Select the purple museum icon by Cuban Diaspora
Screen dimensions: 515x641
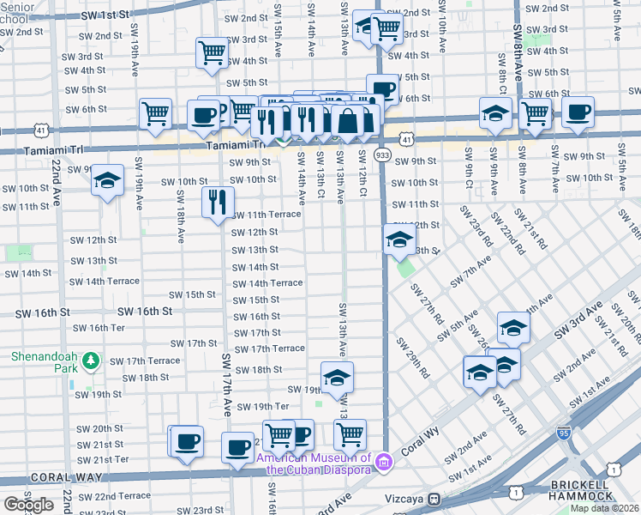(385, 463)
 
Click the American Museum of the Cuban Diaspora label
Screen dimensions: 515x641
(315, 463)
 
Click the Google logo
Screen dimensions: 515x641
(28, 504)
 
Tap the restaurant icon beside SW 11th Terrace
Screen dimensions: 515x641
(218, 202)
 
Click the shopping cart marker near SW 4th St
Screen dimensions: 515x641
(212, 51)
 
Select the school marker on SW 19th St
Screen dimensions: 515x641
(337, 377)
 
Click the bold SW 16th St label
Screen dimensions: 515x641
(146, 311)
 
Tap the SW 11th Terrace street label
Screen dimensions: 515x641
(267, 215)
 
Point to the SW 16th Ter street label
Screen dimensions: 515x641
(100, 328)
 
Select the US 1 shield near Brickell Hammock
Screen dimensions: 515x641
(614, 469)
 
